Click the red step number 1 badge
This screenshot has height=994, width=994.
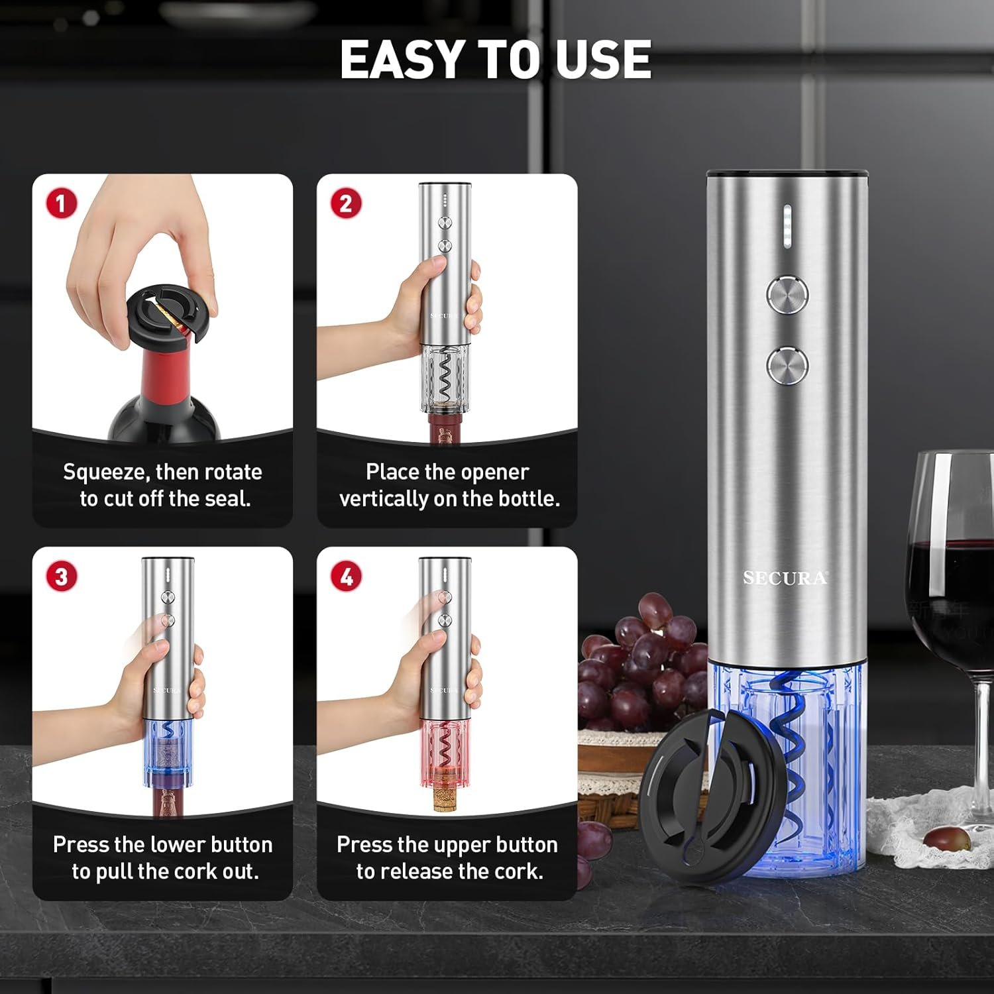pyautogui.click(x=61, y=203)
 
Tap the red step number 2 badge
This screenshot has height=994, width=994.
pyautogui.click(x=346, y=203)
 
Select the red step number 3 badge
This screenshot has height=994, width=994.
pyautogui.click(x=61, y=576)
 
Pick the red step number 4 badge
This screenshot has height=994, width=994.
pyautogui.click(x=346, y=576)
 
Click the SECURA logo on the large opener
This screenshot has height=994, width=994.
pyautogui.click(x=785, y=579)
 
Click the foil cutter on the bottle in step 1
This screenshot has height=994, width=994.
pyautogui.click(x=170, y=311)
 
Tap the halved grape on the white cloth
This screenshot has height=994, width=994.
pyautogui.click(x=946, y=838)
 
